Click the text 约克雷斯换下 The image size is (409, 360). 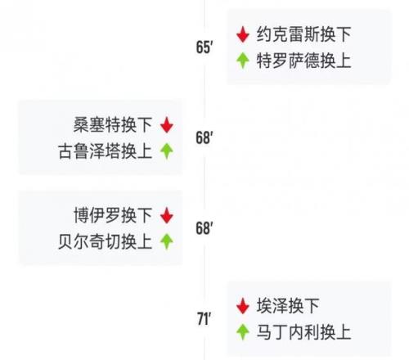coord(303,34)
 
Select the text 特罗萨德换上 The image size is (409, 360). coord(303,61)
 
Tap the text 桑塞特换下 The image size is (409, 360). coord(113,125)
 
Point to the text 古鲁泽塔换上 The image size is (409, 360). coord(105,151)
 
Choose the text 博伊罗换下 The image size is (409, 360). coord(113,215)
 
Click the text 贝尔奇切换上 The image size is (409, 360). coord(105,241)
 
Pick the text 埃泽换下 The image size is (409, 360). coord(288,306)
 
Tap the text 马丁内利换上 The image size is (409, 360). coord(303,332)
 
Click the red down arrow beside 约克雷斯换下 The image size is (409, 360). coord(243,34)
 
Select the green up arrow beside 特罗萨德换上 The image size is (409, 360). coord(243,61)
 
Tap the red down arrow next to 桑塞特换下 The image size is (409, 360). coord(167,125)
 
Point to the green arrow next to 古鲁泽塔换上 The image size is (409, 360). coord(167,151)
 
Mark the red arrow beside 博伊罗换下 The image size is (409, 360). coord(167,215)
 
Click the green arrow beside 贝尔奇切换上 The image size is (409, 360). coord(167,241)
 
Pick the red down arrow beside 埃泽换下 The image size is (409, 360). coord(243,306)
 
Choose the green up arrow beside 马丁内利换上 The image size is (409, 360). coord(243,332)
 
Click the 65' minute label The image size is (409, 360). coord(204,47)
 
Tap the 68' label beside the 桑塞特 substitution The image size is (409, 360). coord(204,137)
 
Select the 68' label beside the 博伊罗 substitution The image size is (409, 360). coord(204,228)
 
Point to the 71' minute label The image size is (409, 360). coord(204,319)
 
